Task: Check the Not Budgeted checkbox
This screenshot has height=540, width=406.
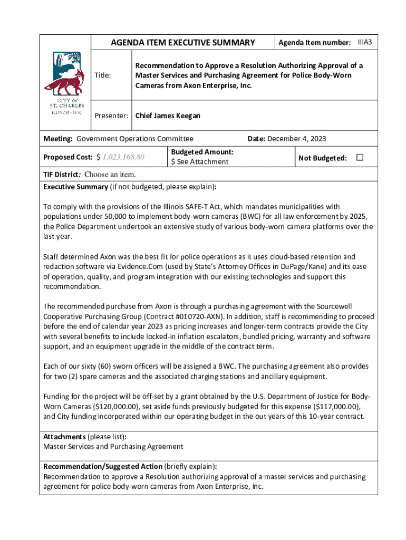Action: [361, 157]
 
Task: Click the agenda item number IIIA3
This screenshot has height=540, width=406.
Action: [364, 41]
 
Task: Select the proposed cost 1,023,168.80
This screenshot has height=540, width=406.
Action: [124, 157]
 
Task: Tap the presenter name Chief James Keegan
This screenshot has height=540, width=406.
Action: [168, 115]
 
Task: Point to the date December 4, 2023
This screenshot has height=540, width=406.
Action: [297, 139]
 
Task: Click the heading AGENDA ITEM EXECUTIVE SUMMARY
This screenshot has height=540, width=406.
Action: [182, 43]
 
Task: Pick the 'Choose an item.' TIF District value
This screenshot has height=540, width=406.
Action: [110, 174]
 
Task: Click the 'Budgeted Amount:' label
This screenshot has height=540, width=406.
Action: [202, 152]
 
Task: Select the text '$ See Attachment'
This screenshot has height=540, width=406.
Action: [199, 162]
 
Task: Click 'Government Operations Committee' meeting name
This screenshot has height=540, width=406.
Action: [135, 139]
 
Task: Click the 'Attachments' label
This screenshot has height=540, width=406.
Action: [64, 437]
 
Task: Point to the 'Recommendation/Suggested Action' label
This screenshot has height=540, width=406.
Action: [103, 466]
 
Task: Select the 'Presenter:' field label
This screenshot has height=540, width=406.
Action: [111, 115]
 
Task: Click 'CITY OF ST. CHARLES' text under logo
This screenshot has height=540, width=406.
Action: [63, 103]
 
